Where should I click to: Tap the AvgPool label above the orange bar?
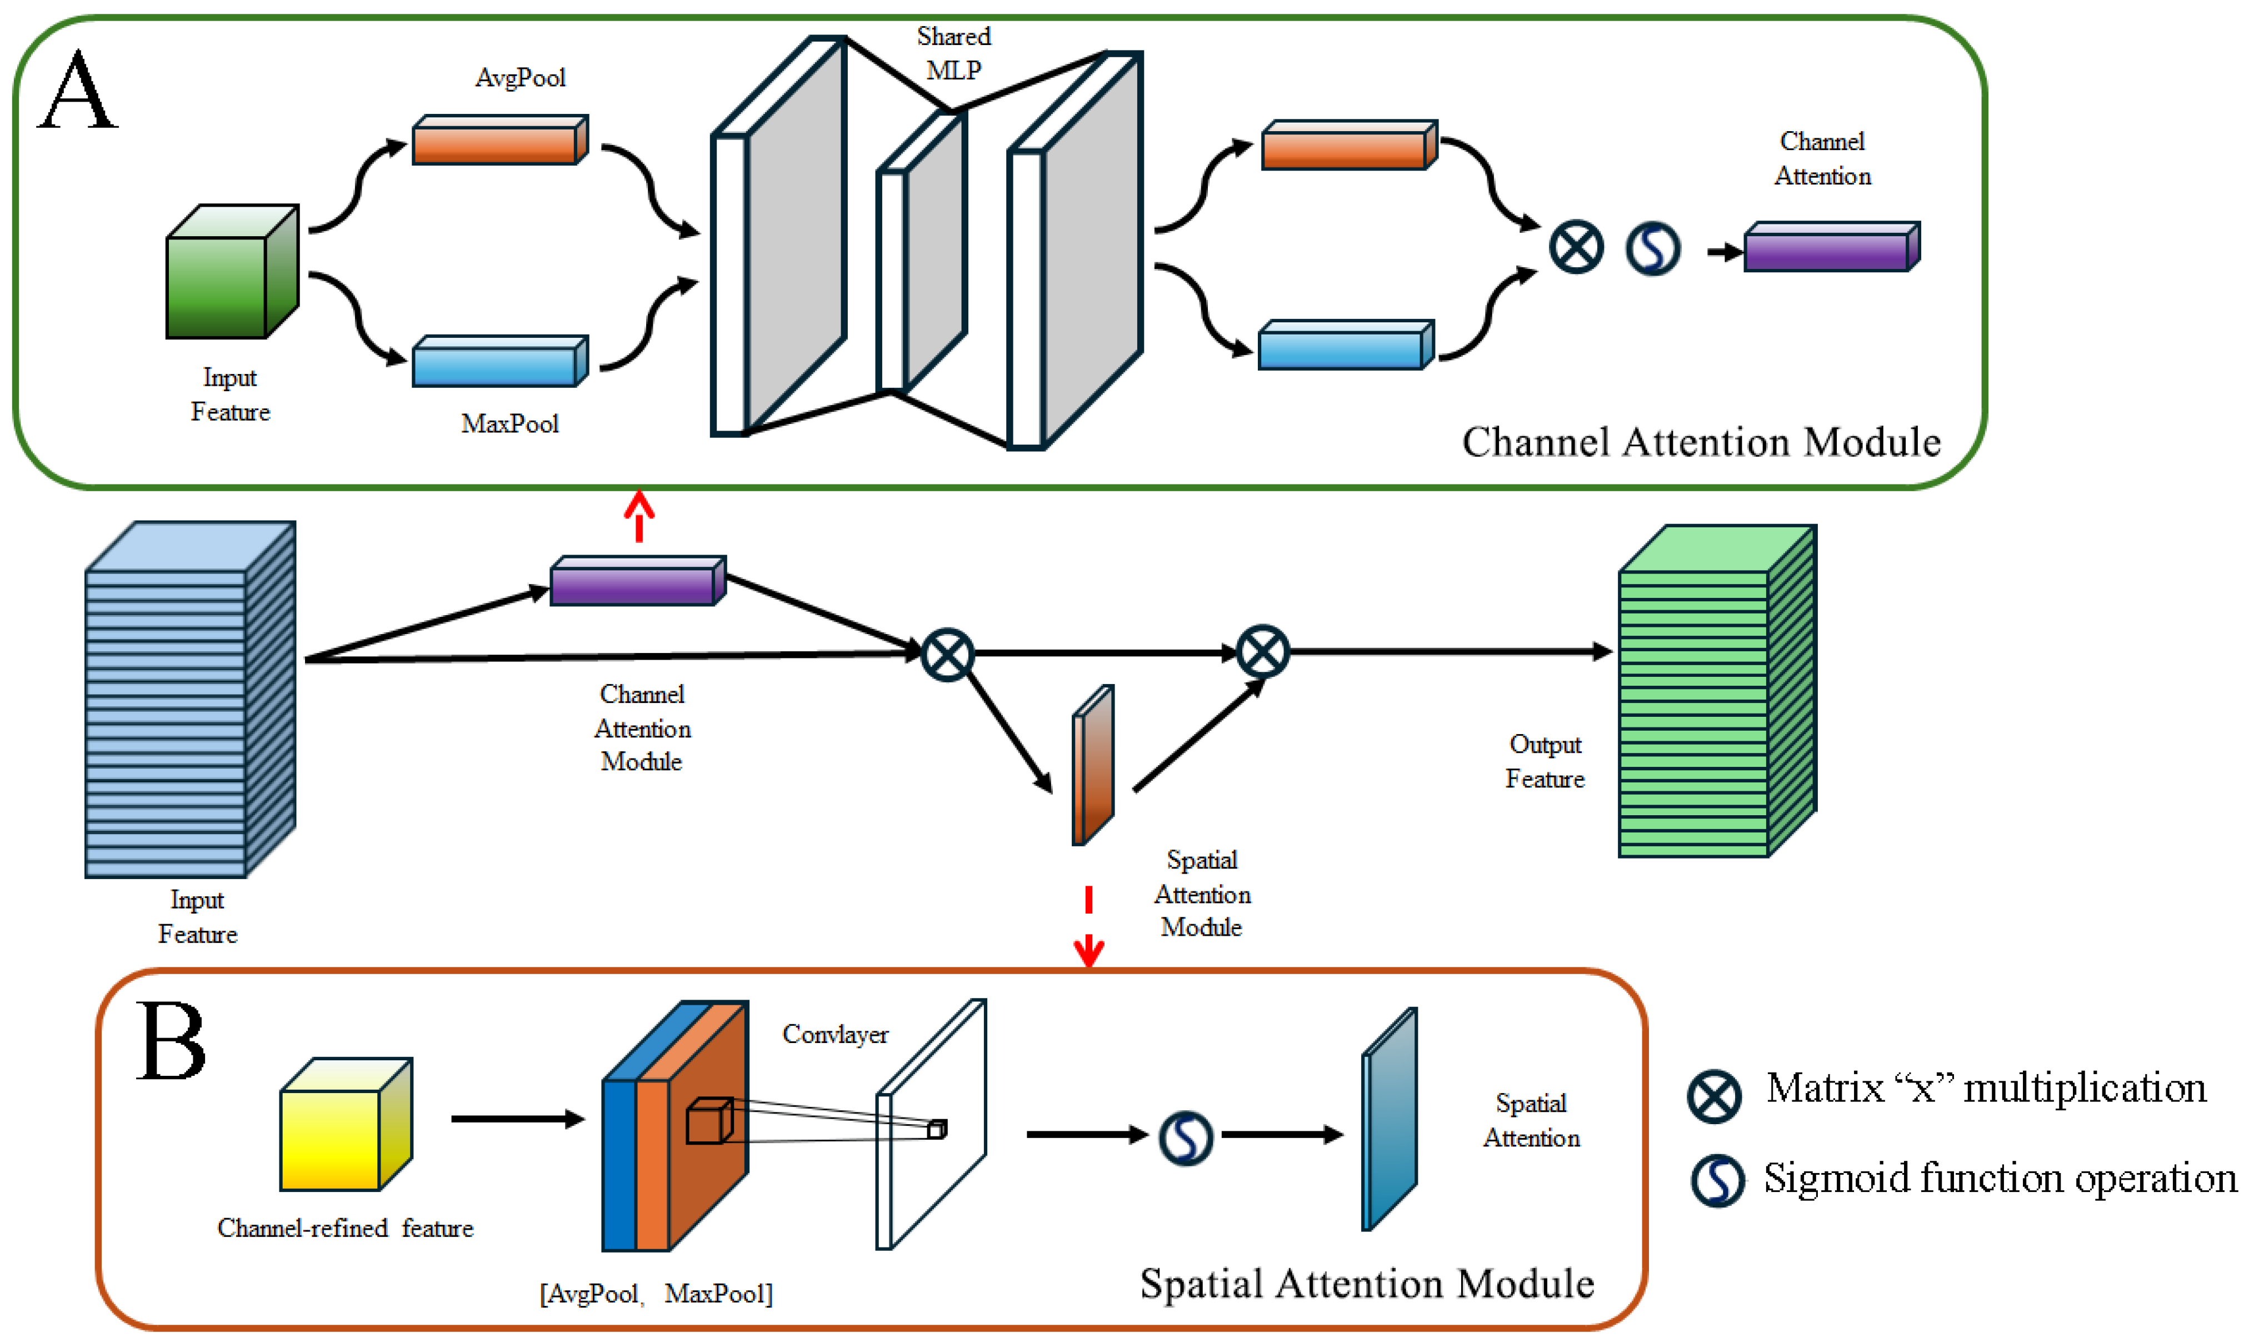(x=521, y=78)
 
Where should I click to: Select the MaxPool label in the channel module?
(x=510, y=423)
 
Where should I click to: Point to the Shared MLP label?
(x=953, y=52)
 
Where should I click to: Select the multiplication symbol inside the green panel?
(x=1577, y=247)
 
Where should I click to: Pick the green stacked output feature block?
(x=1717, y=692)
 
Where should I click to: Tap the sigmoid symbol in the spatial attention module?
(x=1185, y=1138)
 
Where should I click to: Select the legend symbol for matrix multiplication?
(x=1714, y=1096)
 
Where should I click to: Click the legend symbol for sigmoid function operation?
(x=1717, y=1180)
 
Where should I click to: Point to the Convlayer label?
(x=835, y=1034)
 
